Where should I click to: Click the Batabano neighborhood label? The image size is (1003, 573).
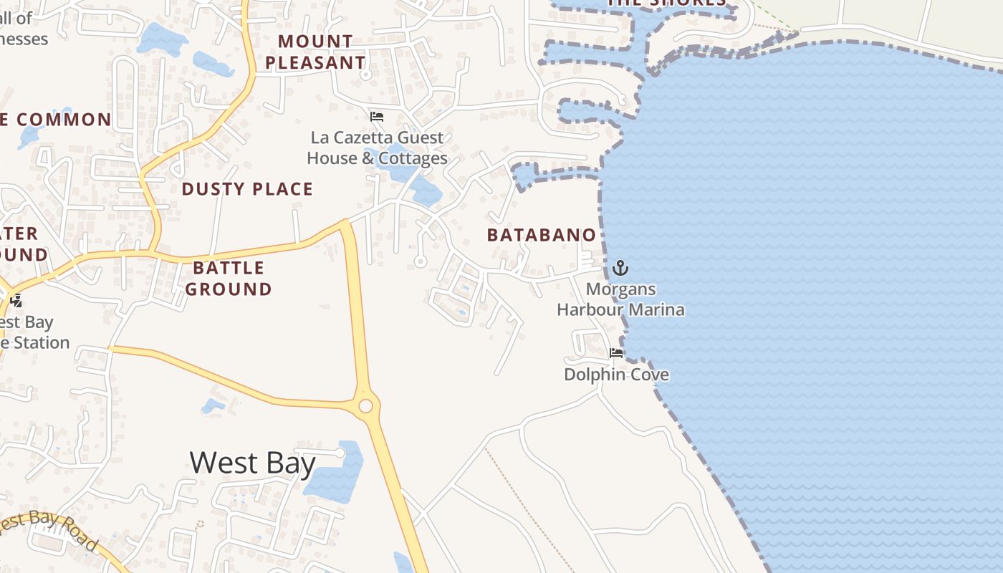point(541,235)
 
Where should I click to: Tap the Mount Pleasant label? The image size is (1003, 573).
point(315,52)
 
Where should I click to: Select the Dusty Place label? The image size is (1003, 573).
point(247,189)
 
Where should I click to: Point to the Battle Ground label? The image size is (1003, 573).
point(229,279)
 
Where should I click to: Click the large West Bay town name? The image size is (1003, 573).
point(252,463)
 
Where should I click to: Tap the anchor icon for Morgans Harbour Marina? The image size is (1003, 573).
point(620,269)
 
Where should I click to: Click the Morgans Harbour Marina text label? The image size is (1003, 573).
point(620,300)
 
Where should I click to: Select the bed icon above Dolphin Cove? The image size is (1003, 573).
point(615,353)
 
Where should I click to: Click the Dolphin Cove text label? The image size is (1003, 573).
point(616,375)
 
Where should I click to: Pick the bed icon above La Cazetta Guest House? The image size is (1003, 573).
point(377,117)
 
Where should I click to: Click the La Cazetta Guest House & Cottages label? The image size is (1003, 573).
point(378,148)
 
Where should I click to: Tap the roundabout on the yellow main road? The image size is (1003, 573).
point(365,406)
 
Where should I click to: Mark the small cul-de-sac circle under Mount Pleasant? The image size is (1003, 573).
point(365,74)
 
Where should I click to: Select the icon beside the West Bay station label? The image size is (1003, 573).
point(15,302)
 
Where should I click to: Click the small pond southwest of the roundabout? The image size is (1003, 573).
point(213,406)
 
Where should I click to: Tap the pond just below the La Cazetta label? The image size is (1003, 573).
point(427,192)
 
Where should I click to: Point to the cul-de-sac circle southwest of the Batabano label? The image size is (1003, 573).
point(421,262)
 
